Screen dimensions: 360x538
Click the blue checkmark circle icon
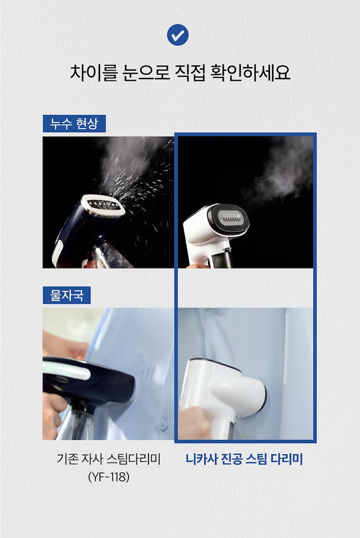(178, 35)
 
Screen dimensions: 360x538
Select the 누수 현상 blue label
(74, 124)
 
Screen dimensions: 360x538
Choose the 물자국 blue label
(67, 295)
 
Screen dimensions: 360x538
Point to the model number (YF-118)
(109, 476)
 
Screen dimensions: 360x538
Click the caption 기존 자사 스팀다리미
(109, 459)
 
